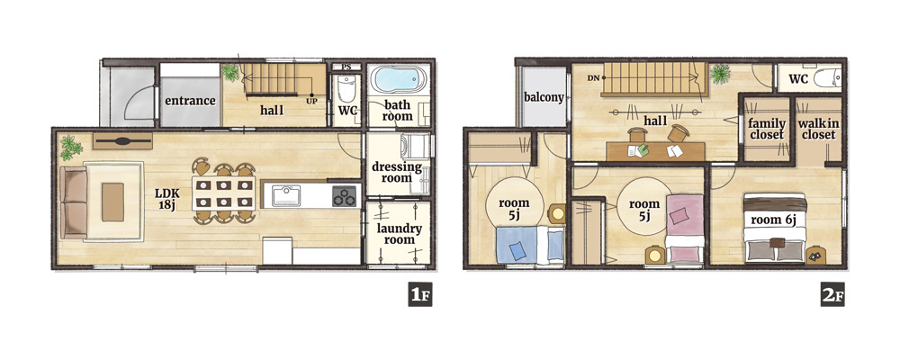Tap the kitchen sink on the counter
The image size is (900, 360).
(286, 196)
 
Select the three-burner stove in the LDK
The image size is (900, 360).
(344, 196)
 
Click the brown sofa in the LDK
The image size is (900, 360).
(75, 202)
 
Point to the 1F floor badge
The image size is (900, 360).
(419, 294)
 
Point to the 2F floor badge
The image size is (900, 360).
(832, 294)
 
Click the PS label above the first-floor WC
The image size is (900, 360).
(346, 67)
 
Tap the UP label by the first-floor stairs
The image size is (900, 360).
(311, 101)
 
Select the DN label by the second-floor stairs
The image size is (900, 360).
(593, 77)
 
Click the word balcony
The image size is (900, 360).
(544, 97)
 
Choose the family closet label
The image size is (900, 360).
(766, 130)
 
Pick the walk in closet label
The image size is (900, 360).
(818, 130)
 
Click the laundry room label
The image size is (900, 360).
(399, 234)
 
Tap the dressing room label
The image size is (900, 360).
(397, 172)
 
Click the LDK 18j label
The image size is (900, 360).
(167, 198)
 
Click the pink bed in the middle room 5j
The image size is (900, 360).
(685, 229)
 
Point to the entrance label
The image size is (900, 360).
(190, 101)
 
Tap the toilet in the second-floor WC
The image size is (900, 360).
(827, 78)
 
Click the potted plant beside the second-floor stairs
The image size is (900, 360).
(720, 74)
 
